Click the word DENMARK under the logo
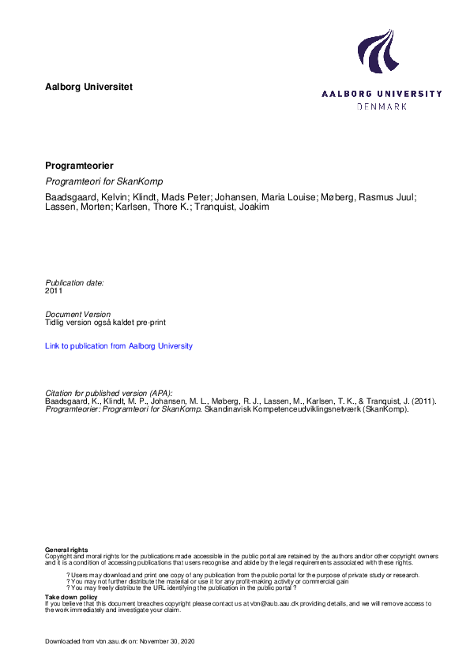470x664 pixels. pyautogui.click(x=382, y=106)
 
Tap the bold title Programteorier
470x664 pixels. pyautogui.click(x=80, y=166)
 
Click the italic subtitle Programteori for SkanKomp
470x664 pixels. pyautogui.click(x=109, y=181)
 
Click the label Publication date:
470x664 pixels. pyautogui.click(x=74, y=282)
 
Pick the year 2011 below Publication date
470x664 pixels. pyautogui.click(x=54, y=290)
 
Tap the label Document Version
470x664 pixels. pyautogui.click(x=77, y=314)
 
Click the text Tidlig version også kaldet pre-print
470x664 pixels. pyautogui.click(x=105, y=323)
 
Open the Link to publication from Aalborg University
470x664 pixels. pyautogui.click(x=118, y=345)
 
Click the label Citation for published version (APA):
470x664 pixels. pyautogui.click(x=108, y=393)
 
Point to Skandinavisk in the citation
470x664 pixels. pyautogui.click(x=228, y=409)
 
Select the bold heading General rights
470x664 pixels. pyautogui.click(x=66, y=550)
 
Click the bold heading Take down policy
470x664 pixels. pyautogui.click(x=71, y=598)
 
